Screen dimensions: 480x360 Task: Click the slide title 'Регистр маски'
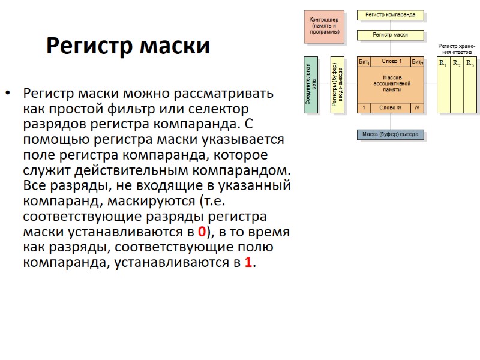128,46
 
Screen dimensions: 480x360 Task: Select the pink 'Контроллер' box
325,26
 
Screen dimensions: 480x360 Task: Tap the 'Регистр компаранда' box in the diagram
390,14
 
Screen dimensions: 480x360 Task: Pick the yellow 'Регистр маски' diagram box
390,35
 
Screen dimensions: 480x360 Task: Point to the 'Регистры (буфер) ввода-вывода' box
337,85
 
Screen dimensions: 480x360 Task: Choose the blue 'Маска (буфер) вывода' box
390,134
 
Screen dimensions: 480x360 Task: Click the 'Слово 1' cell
391,62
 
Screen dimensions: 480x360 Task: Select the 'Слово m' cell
391,108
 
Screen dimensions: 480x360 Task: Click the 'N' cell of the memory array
416,108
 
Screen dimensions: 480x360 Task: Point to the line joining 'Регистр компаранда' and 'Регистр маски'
391,25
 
